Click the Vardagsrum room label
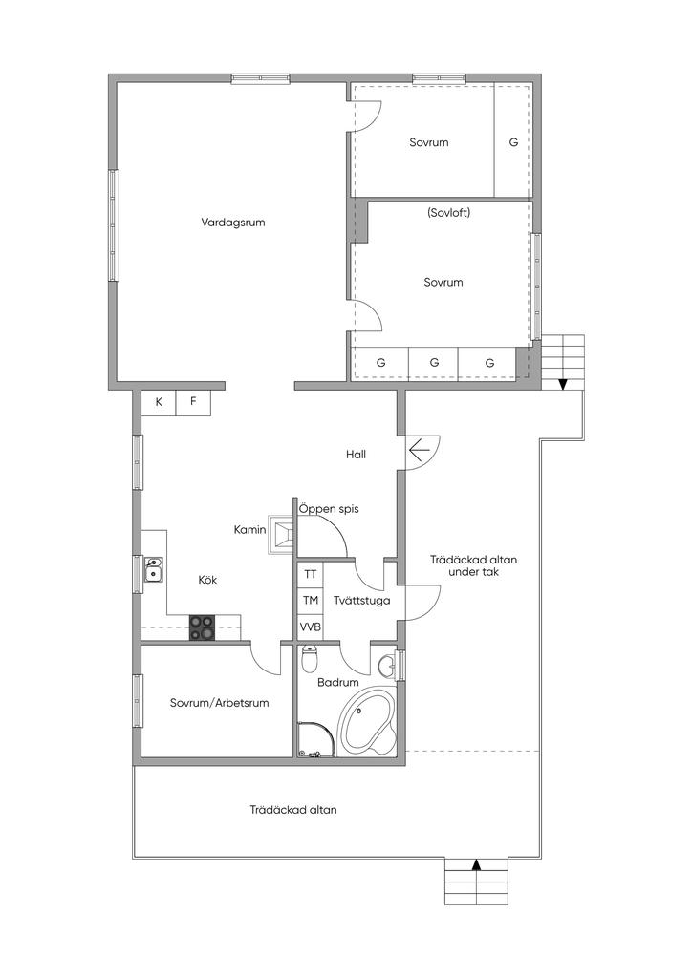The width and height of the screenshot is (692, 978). pyautogui.click(x=233, y=222)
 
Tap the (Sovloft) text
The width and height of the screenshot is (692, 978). pyautogui.click(x=448, y=213)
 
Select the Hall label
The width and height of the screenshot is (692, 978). pyautogui.click(x=356, y=455)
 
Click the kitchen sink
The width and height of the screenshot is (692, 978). pyautogui.click(x=154, y=569)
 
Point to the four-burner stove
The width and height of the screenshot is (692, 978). pyautogui.click(x=203, y=627)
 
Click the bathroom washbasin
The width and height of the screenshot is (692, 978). pyautogui.click(x=387, y=666)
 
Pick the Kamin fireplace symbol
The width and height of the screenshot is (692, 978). pyautogui.click(x=281, y=535)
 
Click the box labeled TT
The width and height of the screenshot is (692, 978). pyautogui.click(x=310, y=574)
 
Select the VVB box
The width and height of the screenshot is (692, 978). pyautogui.click(x=310, y=627)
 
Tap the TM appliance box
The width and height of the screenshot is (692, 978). pyautogui.click(x=310, y=600)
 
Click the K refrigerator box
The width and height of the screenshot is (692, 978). pyautogui.click(x=159, y=402)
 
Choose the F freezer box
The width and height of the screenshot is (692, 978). pyautogui.click(x=193, y=402)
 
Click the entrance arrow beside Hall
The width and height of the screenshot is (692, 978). pyautogui.click(x=418, y=449)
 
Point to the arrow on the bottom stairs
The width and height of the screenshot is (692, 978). pyautogui.click(x=477, y=864)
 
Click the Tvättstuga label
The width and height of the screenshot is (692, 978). pyautogui.click(x=362, y=601)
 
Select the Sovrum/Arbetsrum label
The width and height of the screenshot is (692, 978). pyautogui.click(x=219, y=703)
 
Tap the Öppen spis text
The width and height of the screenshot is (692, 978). pyautogui.click(x=329, y=509)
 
